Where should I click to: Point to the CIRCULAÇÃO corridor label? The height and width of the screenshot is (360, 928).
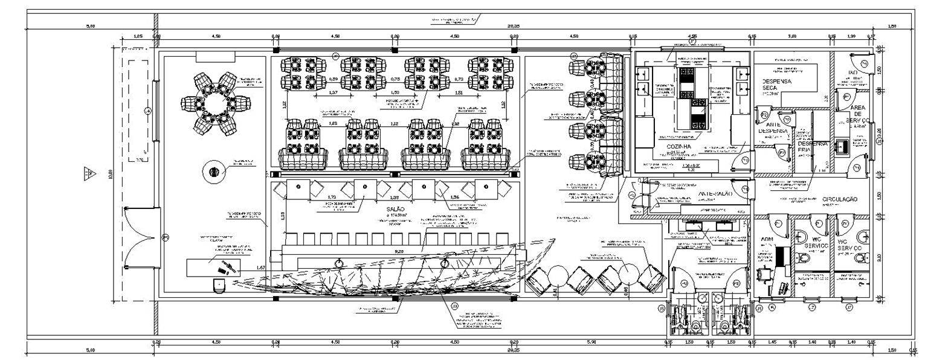[x=839, y=199]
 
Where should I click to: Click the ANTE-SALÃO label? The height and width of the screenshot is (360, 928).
[x=715, y=194]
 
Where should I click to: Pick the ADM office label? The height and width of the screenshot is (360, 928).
[x=767, y=240]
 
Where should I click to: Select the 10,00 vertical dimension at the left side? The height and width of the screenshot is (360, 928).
[x=110, y=175]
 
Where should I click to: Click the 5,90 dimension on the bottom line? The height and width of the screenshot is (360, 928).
[x=591, y=342]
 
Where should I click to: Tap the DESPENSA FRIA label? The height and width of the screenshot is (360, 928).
[x=811, y=147]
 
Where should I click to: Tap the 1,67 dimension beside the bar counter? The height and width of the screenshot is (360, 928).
[x=261, y=267]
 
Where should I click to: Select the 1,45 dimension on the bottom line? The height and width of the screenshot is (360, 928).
[x=772, y=342]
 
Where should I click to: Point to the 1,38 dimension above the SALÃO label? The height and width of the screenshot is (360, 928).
[x=395, y=198]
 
